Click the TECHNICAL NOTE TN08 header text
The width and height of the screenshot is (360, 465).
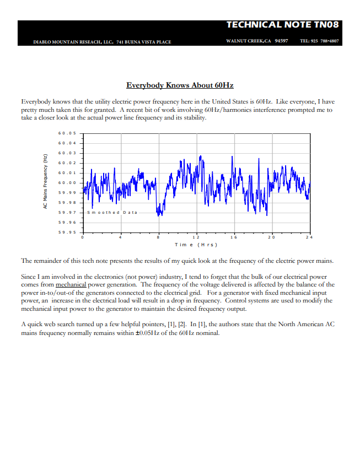tap(283, 25)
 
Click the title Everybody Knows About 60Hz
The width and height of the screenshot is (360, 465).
tap(180, 85)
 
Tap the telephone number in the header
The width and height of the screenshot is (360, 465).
tap(319, 41)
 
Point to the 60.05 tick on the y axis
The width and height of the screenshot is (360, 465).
tap(66, 133)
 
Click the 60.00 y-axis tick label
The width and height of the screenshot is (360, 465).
tap(66, 183)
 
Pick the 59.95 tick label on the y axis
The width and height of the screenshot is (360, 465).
tap(66, 233)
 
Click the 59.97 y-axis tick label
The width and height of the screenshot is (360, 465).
tap(66, 213)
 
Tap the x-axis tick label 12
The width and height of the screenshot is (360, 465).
tap(196, 237)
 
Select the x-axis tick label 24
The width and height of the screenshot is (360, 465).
tap(309, 237)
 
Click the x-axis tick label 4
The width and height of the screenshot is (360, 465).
tap(120, 237)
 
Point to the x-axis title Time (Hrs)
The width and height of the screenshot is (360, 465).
tap(196, 245)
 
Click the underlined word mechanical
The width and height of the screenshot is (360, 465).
tap(71, 285)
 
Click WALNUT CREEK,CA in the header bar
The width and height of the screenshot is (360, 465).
tap(248, 41)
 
